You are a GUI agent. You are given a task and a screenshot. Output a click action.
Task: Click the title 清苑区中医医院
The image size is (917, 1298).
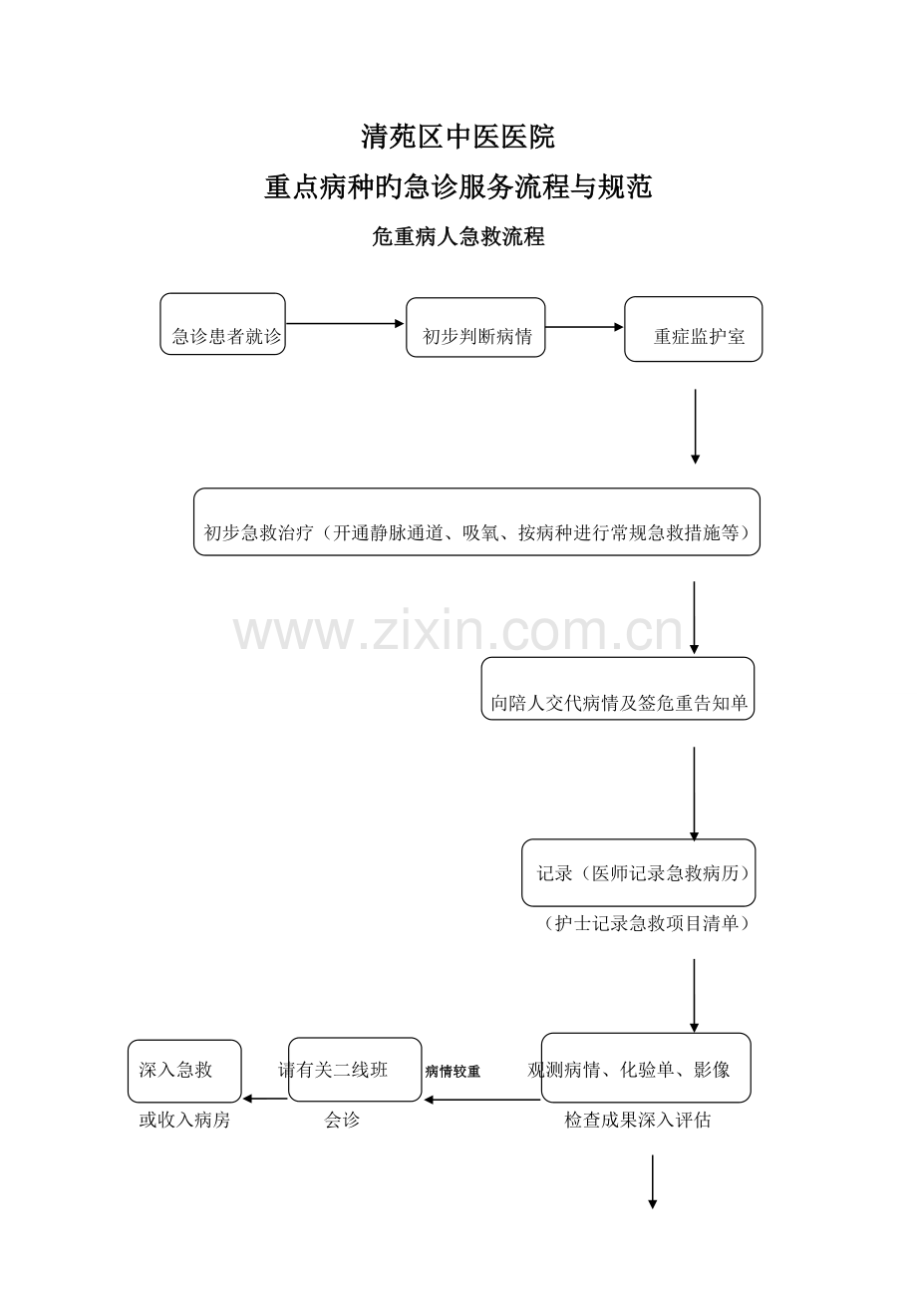[458, 137]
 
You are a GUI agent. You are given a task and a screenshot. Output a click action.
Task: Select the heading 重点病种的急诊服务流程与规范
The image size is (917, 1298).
[458, 186]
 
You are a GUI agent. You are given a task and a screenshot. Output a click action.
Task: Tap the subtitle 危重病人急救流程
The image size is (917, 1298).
[458, 236]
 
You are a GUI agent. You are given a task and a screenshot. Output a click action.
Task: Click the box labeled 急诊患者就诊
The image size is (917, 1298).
[223, 324]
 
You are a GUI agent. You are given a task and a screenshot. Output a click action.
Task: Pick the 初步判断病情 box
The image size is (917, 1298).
[475, 327]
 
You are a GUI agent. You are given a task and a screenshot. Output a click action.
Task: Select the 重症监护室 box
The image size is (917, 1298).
[694, 329]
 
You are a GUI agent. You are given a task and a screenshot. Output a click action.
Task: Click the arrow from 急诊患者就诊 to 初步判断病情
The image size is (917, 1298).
[345, 323]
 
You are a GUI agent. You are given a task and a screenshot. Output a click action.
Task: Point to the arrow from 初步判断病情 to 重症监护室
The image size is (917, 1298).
[584, 327]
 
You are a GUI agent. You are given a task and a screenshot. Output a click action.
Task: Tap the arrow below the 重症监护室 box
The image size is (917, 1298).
[695, 427]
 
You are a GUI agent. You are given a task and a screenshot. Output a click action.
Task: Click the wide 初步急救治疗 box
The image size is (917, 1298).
[476, 521]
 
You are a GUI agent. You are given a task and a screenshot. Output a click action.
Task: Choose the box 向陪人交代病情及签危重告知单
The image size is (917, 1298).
[618, 689]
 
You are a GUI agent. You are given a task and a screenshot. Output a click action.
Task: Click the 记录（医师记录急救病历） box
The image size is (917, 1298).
[638, 872]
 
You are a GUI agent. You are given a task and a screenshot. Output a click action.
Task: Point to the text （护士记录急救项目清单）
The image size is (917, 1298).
[647, 923]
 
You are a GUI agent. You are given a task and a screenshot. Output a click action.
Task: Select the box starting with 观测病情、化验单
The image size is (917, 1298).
[646, 1068]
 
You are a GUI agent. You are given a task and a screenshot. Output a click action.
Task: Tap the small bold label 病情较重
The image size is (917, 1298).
[453, 1072]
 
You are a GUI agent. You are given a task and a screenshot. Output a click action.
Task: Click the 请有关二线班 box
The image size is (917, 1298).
[355, 1070]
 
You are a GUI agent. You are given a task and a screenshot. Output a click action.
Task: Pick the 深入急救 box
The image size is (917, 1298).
[184, 1071]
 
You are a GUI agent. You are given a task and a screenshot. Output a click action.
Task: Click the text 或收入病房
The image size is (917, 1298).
[184, 1121]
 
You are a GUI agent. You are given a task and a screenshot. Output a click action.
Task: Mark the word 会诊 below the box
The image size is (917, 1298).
[342, 1121]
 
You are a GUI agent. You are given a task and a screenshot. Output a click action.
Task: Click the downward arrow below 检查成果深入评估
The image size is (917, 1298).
[652, 1182]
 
